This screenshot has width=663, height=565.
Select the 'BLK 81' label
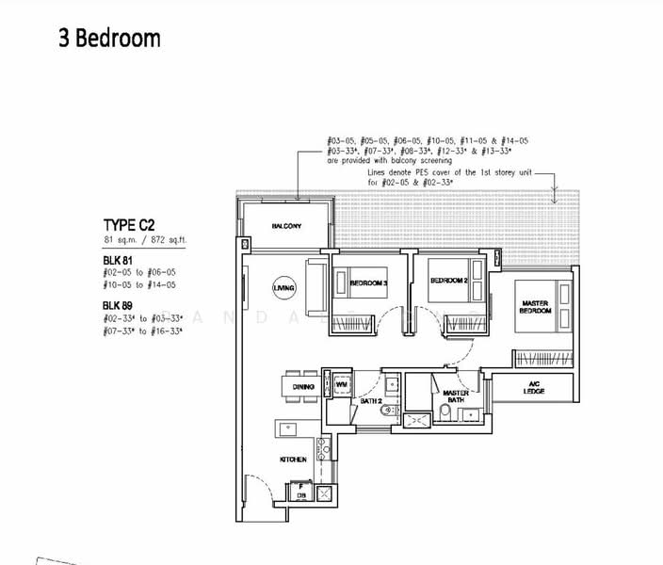pyautogui.click(x=119, y=259)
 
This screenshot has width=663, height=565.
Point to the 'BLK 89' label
pyautogui.click(x=119, y=305)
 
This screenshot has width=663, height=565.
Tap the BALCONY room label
pyautogui.click(x=286, y=227)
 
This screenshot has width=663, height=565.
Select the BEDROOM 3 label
pyautogui.click(x=368, y=282)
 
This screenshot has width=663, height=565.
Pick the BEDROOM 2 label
pyautogui.click(x=449, y=281)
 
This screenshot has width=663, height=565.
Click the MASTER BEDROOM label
pyautogui.click(x=534, y=307)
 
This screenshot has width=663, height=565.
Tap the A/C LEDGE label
pyautogui.click(x=533, y=386)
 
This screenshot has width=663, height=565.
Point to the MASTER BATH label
pyautogui.click(x=456, y=395)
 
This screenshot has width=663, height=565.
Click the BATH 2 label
pyautogui.click(x=371, y=400)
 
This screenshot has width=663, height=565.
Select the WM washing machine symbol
pyautogui.click(x=342, y=385)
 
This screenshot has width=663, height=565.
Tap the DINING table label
pyautogui.click(x=302, y=386)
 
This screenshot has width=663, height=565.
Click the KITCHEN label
pyautogui.click(x=293, y=459)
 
